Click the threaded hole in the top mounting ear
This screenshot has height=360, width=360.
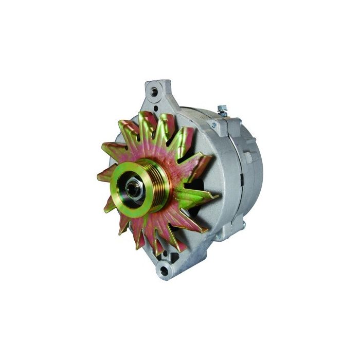[x=154, y=91]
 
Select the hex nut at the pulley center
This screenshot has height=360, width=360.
[x=133, y=188]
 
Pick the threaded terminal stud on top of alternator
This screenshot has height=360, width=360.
[x=222, y=109]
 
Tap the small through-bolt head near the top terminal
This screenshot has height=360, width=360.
[x=214, y=124]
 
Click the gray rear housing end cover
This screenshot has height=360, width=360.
[x=252, y=170]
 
